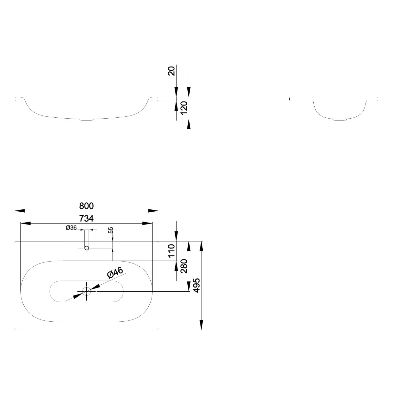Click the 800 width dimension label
[x=86, y=206]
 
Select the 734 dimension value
[x=86, y=218]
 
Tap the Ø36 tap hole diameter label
[x=71, y=228]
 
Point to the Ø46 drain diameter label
[x=115, y=272]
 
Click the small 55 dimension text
[x=111, y=230]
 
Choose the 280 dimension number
[x=184, y=266]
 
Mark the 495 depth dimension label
[x=197, y=286]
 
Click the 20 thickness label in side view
[x=171, y=71]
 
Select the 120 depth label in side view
[x=184, y=108]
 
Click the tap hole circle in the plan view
[x=87, y=248]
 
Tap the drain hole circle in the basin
[x=86, y=291]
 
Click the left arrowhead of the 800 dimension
[x=20, y=211]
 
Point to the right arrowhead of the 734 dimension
[x=147, y=223]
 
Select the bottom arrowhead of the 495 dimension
[x=201, y=325]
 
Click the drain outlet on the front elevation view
[x=87, y=120]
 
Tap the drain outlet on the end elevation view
[x=339, y=120]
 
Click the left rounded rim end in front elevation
[x=16, y=99]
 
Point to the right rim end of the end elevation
[x=377, y=99]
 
